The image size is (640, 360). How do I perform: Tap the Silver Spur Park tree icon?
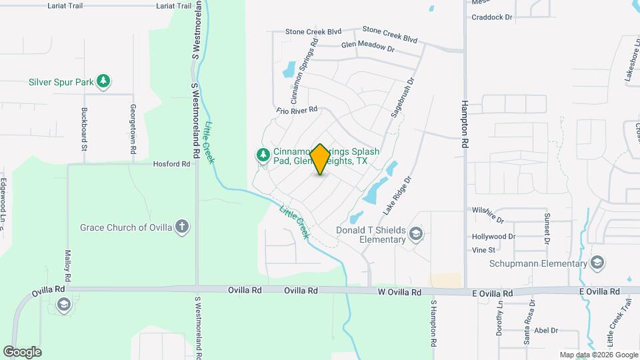(103, 82)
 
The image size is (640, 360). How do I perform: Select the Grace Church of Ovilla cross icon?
(182, 227)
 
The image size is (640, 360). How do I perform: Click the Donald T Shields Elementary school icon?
(416, 233)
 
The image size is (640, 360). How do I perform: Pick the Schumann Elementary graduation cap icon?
(597, 263)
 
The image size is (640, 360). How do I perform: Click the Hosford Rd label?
(171, 163)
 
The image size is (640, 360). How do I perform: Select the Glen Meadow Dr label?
(368, 47)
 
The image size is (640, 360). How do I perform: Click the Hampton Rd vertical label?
(465, 124)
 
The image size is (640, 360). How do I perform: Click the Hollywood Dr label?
(493, 237)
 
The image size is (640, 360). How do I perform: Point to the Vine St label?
(483, 250)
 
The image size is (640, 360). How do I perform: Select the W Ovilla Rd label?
(400, 292)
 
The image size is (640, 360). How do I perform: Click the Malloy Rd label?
(67, 264)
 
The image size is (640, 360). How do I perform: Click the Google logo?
(22, 352)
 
